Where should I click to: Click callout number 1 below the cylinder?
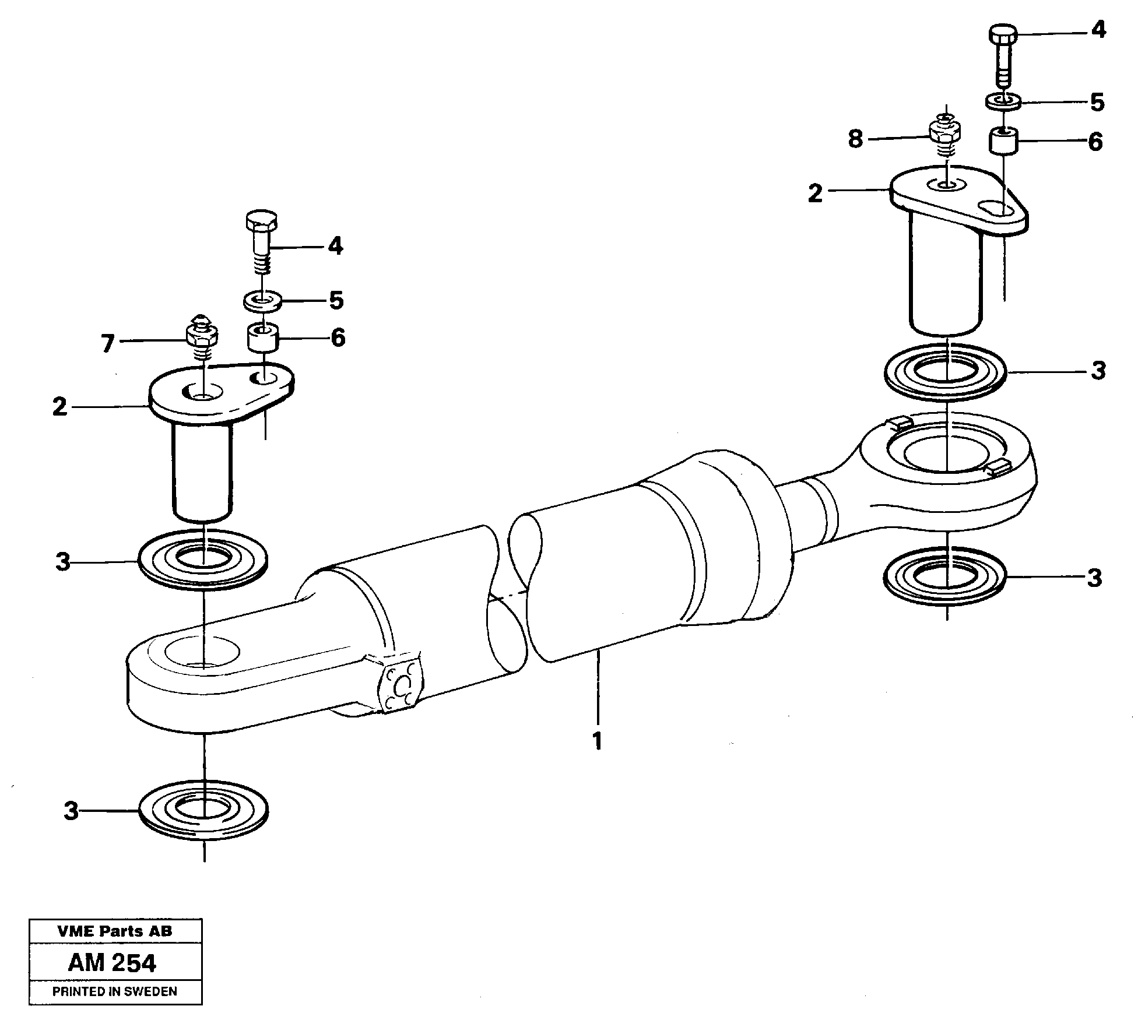596,741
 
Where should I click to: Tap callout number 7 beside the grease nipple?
107,344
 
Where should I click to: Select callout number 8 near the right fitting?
855,139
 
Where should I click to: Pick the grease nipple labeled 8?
946,137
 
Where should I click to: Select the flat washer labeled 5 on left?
262,302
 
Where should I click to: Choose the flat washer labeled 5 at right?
1003,101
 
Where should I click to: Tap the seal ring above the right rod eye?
946,372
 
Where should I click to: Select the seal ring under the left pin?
203,559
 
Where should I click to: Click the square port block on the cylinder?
401,685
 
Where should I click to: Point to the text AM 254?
112,963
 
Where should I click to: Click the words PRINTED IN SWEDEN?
114,991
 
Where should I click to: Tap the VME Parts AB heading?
114,931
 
